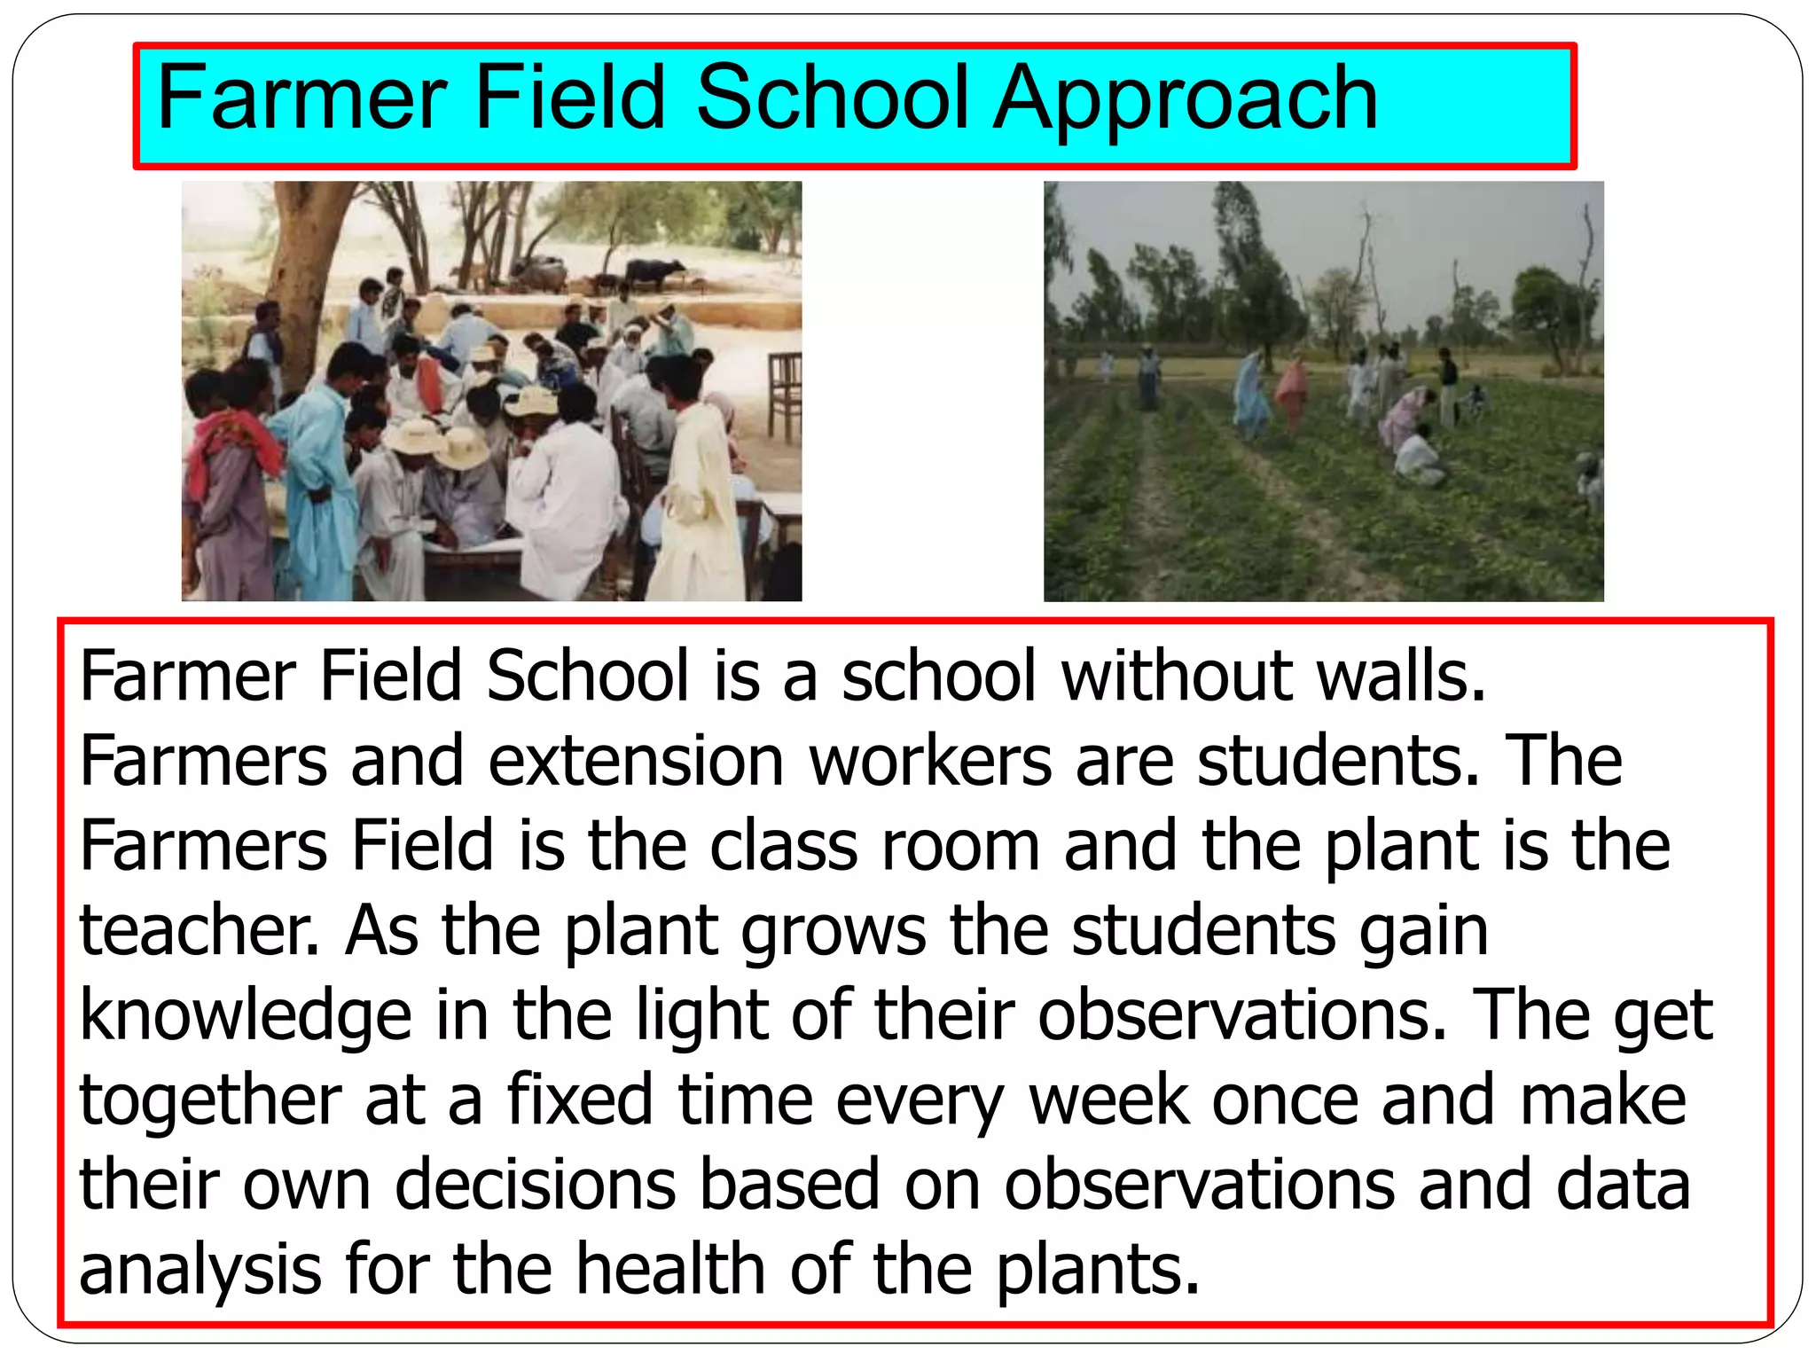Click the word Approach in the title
pos(1186,99)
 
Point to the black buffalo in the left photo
pos(654,272)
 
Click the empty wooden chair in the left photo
pos(785,395)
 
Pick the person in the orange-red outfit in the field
pos(1291,390)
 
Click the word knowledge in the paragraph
pos(246,1016)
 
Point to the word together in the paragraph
pos(210,1100)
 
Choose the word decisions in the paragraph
pos(535,1185)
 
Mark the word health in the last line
pos(670,1269)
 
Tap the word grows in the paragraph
pos(834,933)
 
